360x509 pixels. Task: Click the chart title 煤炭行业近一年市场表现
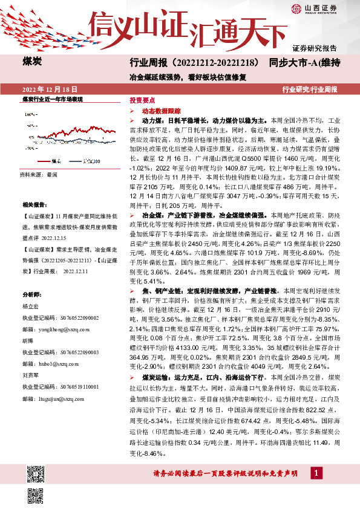[51, 99]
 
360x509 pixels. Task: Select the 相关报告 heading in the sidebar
[31, 205]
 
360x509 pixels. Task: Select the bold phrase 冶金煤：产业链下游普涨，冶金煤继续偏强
[206, 215]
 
